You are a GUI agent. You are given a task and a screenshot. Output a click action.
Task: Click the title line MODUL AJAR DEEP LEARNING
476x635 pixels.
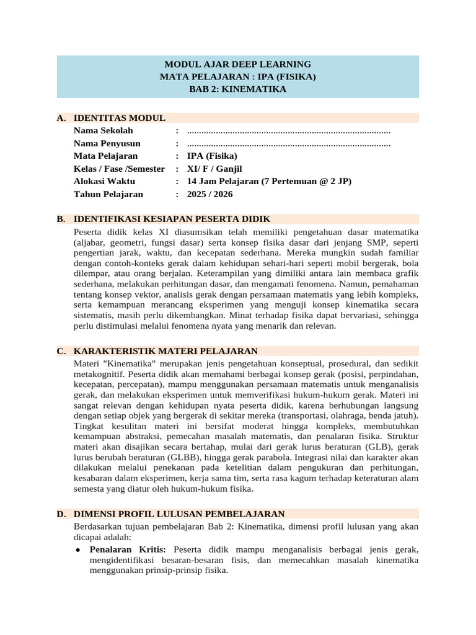[237, 64]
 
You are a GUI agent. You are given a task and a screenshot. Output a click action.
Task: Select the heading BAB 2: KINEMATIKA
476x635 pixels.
[237, 89]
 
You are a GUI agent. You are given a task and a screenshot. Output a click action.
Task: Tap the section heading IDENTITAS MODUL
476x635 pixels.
[119, 118]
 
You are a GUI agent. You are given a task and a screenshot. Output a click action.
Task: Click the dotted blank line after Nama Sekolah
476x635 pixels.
[288, 131]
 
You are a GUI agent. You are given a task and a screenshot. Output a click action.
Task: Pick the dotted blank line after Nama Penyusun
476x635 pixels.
[288, 144]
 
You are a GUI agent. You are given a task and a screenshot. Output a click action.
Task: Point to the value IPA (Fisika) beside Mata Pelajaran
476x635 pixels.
[212, 156]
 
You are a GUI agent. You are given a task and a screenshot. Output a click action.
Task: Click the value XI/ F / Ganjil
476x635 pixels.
[214, 169]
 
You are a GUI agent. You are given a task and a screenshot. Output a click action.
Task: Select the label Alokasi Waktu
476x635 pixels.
[104, 182]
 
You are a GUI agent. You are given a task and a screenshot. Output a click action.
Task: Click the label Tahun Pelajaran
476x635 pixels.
[108, 194]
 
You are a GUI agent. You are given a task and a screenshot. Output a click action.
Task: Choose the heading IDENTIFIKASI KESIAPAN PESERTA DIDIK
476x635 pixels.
[172, 219]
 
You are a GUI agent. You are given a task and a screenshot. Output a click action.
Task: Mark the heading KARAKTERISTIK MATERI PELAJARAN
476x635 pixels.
[165, 351]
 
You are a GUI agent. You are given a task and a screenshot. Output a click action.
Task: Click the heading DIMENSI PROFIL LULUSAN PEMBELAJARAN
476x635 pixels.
[179, 514]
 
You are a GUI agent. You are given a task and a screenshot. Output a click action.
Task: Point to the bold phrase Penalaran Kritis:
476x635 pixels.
[128, 549]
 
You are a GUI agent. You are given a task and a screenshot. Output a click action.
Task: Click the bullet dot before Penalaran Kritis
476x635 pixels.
[77, 550]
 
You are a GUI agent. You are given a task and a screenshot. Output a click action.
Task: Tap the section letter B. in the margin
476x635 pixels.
[61, 219]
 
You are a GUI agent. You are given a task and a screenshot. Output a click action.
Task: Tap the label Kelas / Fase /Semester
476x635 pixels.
[120, 169]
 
